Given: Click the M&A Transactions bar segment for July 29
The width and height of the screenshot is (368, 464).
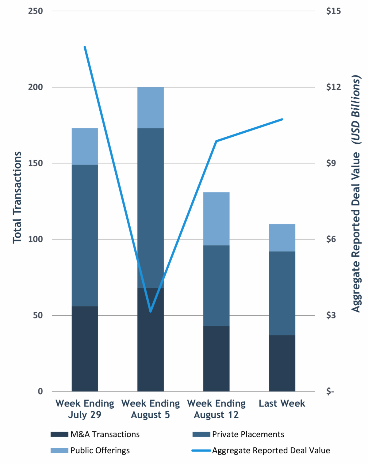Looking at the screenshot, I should (x=85, y=349).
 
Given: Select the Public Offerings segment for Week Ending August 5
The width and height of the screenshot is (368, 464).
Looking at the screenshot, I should (x=150, y=107).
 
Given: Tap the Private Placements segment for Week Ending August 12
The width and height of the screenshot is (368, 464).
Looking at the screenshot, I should (x=216, y=286).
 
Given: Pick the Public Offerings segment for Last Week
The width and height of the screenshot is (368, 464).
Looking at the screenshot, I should (x=282, y=238).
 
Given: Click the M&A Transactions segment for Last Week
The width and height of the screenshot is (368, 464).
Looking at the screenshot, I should (x=282, y=363).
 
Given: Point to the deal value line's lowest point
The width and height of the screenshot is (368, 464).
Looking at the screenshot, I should (x=151, y=311).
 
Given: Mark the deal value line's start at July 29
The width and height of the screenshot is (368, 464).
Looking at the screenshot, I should (x=85, y=47).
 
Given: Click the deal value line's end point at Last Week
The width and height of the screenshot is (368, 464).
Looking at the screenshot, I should (x=282, y=119).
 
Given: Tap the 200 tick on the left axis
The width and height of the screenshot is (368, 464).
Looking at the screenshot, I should (x=36, y=87).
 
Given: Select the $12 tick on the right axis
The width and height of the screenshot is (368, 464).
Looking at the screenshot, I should (x=333, y=87).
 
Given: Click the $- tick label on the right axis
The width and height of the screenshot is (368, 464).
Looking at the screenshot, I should (x=330, y=392).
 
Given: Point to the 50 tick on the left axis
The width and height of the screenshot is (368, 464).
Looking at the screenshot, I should (x=38, y=315).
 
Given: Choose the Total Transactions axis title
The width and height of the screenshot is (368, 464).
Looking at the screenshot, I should (x=17, y=197).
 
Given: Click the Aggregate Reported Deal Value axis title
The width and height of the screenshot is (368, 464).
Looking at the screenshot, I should (x=356, y=193).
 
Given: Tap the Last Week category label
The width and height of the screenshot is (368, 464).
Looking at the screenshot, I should (x=282, y=404).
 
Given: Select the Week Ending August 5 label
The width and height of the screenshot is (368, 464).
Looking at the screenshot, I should (x=150, y=409).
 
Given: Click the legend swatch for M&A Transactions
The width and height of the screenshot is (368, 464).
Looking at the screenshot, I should (x=59, y=434).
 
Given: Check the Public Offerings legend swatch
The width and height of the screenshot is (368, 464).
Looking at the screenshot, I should (x=59, y=450).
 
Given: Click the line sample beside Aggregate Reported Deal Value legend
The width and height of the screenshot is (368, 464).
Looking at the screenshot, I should (x=201, y=450).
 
